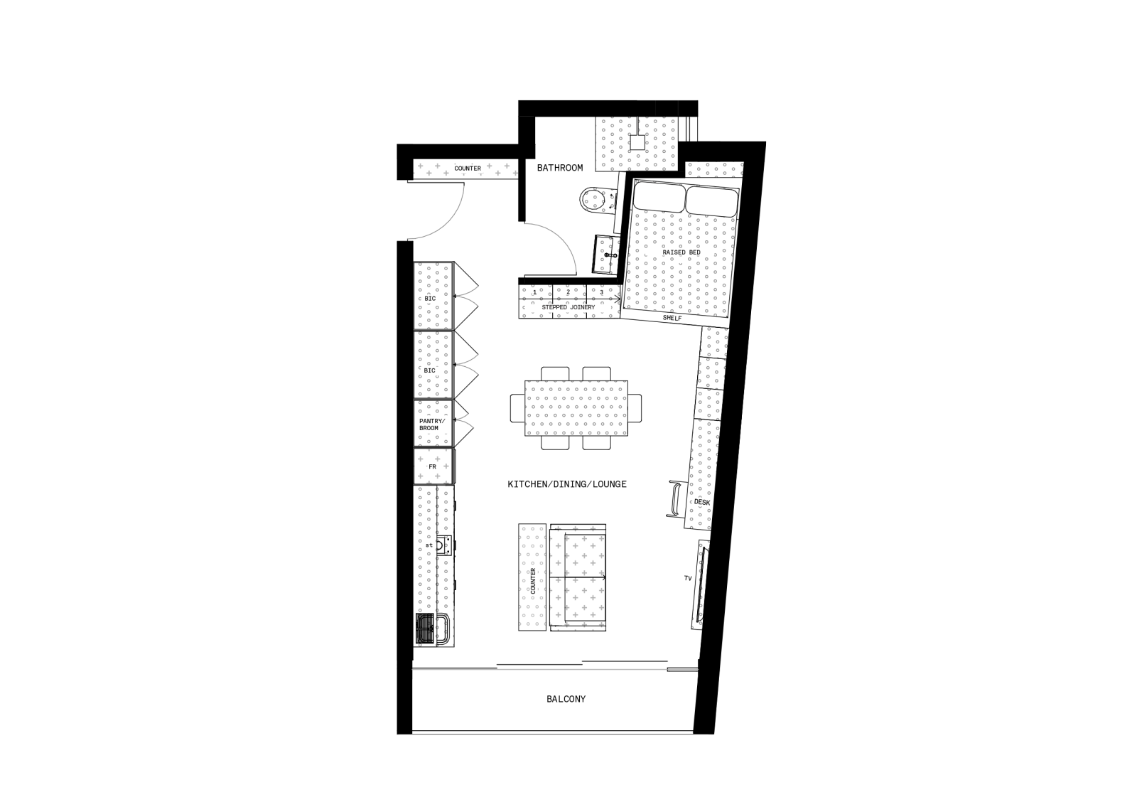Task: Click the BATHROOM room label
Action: click(560, 168)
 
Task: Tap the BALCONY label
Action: click(566, 699)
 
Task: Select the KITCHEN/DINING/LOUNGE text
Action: click(567, 484)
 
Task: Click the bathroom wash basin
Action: click(605, 255)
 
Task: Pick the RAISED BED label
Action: click(681, 252)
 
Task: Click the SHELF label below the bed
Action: click(672, 318)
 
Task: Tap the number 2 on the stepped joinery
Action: click(568, 292)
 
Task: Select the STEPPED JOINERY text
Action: click(568, 307)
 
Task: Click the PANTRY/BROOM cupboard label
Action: click(432, 424)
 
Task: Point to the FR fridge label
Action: click(433, 466)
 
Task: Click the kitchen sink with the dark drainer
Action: click(432, 629)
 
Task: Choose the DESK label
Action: click(702, 502)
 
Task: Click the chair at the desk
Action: click(676, 498)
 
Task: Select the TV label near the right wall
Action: click(688, 578)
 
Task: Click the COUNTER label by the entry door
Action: click(468, 168)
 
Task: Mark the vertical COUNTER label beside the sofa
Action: click(533, 581)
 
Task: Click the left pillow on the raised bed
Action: click(658, 197)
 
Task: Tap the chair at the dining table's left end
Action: click(517, 407)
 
